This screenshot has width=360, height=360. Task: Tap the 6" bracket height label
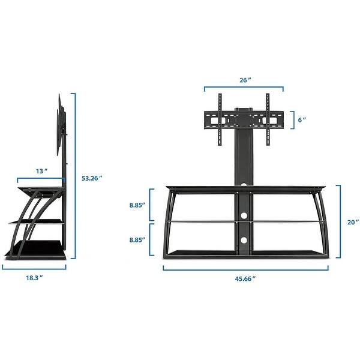click(302, 119)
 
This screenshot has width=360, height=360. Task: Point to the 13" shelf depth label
click(41, 171)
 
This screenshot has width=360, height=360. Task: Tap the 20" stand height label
click(352, 221)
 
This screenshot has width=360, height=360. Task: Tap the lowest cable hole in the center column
click(244, 241)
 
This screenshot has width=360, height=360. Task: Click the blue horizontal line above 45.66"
click(245, 268)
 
